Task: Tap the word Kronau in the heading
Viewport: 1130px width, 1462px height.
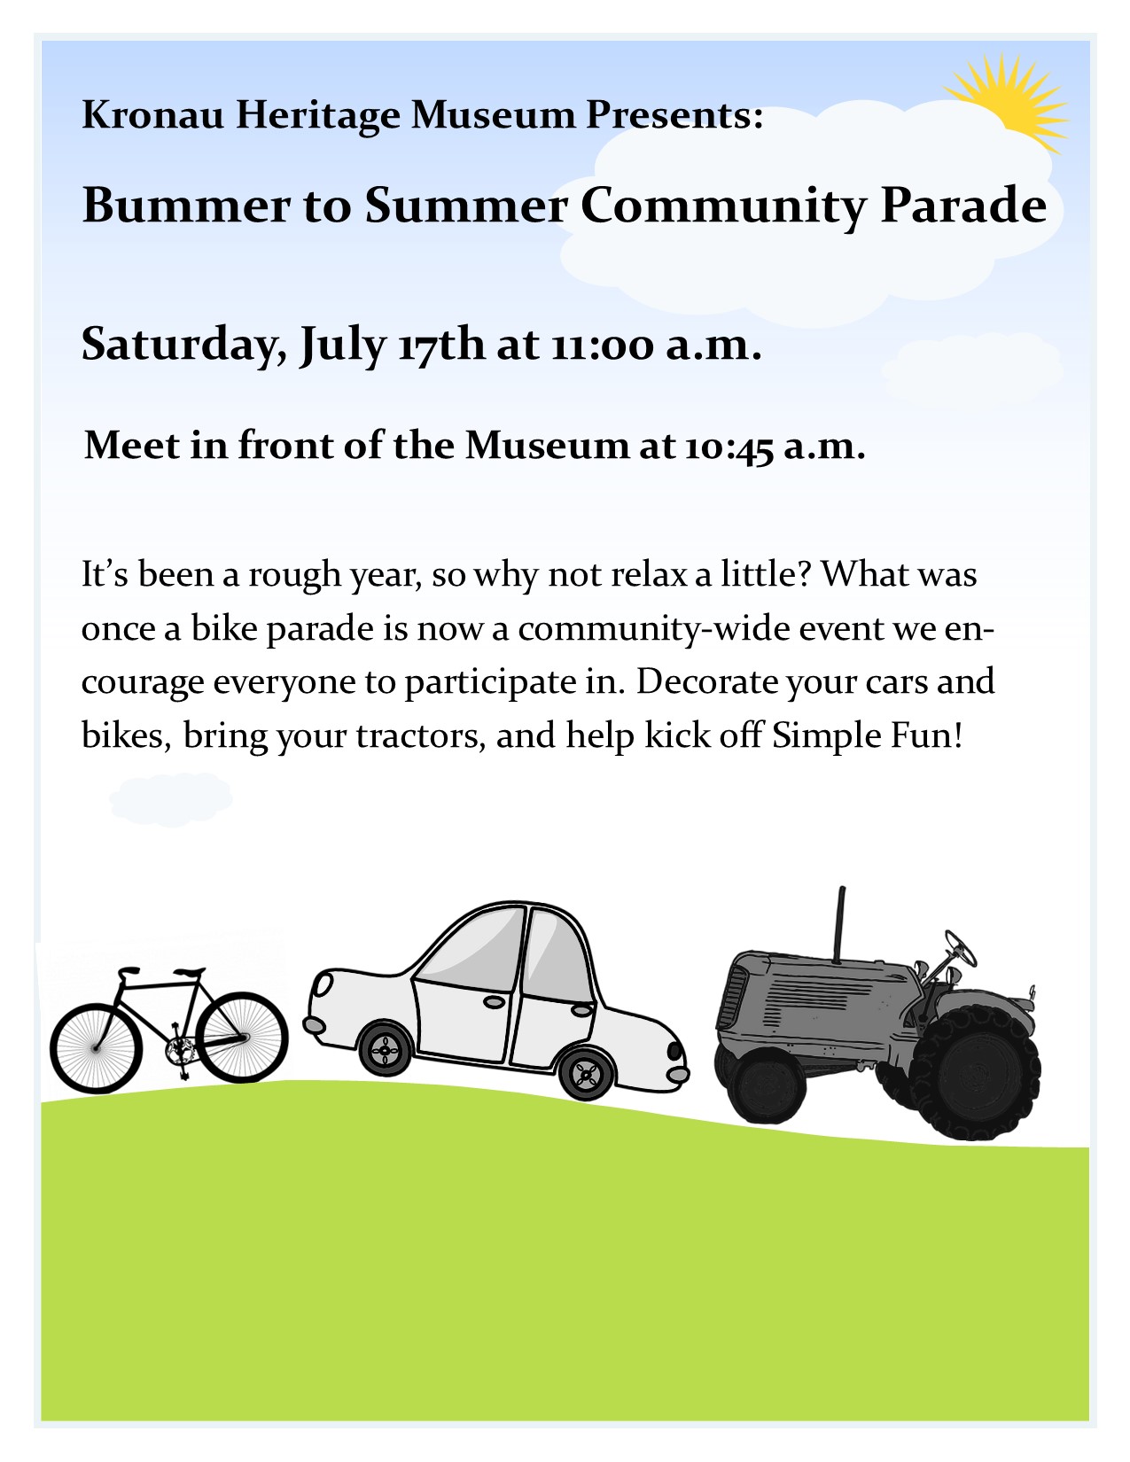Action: coord(152,113)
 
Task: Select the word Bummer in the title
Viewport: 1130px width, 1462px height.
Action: coord(186,205)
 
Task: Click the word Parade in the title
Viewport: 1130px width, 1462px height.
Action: coord(963,205)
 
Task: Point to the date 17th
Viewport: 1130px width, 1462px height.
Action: coord(440,345)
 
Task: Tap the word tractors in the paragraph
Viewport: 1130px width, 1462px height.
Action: coord(421,735)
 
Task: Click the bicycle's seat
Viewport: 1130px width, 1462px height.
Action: coord(189,972)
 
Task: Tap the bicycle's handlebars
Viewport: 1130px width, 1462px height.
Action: coord(128,971)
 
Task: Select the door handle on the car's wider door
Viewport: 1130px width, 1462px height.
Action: coord(494,1002)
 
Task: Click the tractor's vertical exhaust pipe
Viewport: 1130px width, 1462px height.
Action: coord(838,924)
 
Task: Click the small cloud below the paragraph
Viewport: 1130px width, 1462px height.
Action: coord(171,799)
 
